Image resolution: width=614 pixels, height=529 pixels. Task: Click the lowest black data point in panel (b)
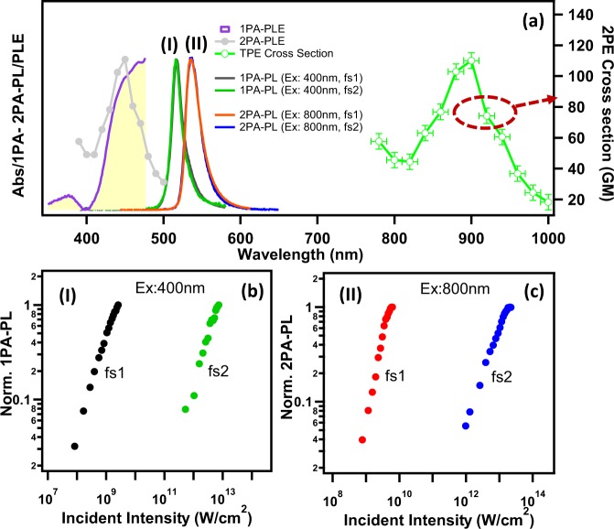click(74, 446)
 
